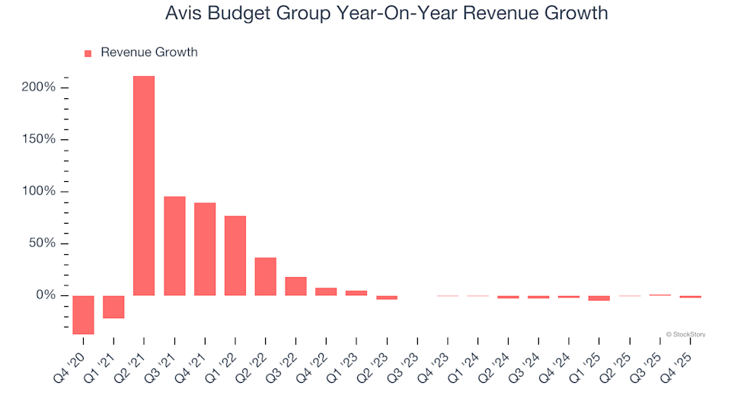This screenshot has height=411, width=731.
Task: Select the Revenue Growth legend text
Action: (148, 53)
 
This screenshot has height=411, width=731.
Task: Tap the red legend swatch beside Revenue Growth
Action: (88, 53)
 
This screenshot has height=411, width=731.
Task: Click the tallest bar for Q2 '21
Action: (144, 186)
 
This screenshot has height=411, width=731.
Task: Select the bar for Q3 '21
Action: (174, 246)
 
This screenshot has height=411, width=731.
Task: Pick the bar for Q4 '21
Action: (205, 249)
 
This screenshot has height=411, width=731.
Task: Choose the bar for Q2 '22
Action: (266, 276)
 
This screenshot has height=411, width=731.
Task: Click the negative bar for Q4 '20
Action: (83, 314)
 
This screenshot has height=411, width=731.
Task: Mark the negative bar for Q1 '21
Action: (113, 307)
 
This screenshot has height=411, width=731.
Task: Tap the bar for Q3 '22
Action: (295, 286)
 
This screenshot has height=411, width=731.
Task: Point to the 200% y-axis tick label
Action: (38, 88)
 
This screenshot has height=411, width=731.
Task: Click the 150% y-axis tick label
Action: (38, 139)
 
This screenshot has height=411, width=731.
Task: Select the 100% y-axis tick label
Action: (38, 191)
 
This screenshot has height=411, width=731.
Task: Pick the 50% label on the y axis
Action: (41, 244)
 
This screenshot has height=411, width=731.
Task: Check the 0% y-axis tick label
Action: (44, 295)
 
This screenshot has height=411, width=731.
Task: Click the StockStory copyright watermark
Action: (685, 333)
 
